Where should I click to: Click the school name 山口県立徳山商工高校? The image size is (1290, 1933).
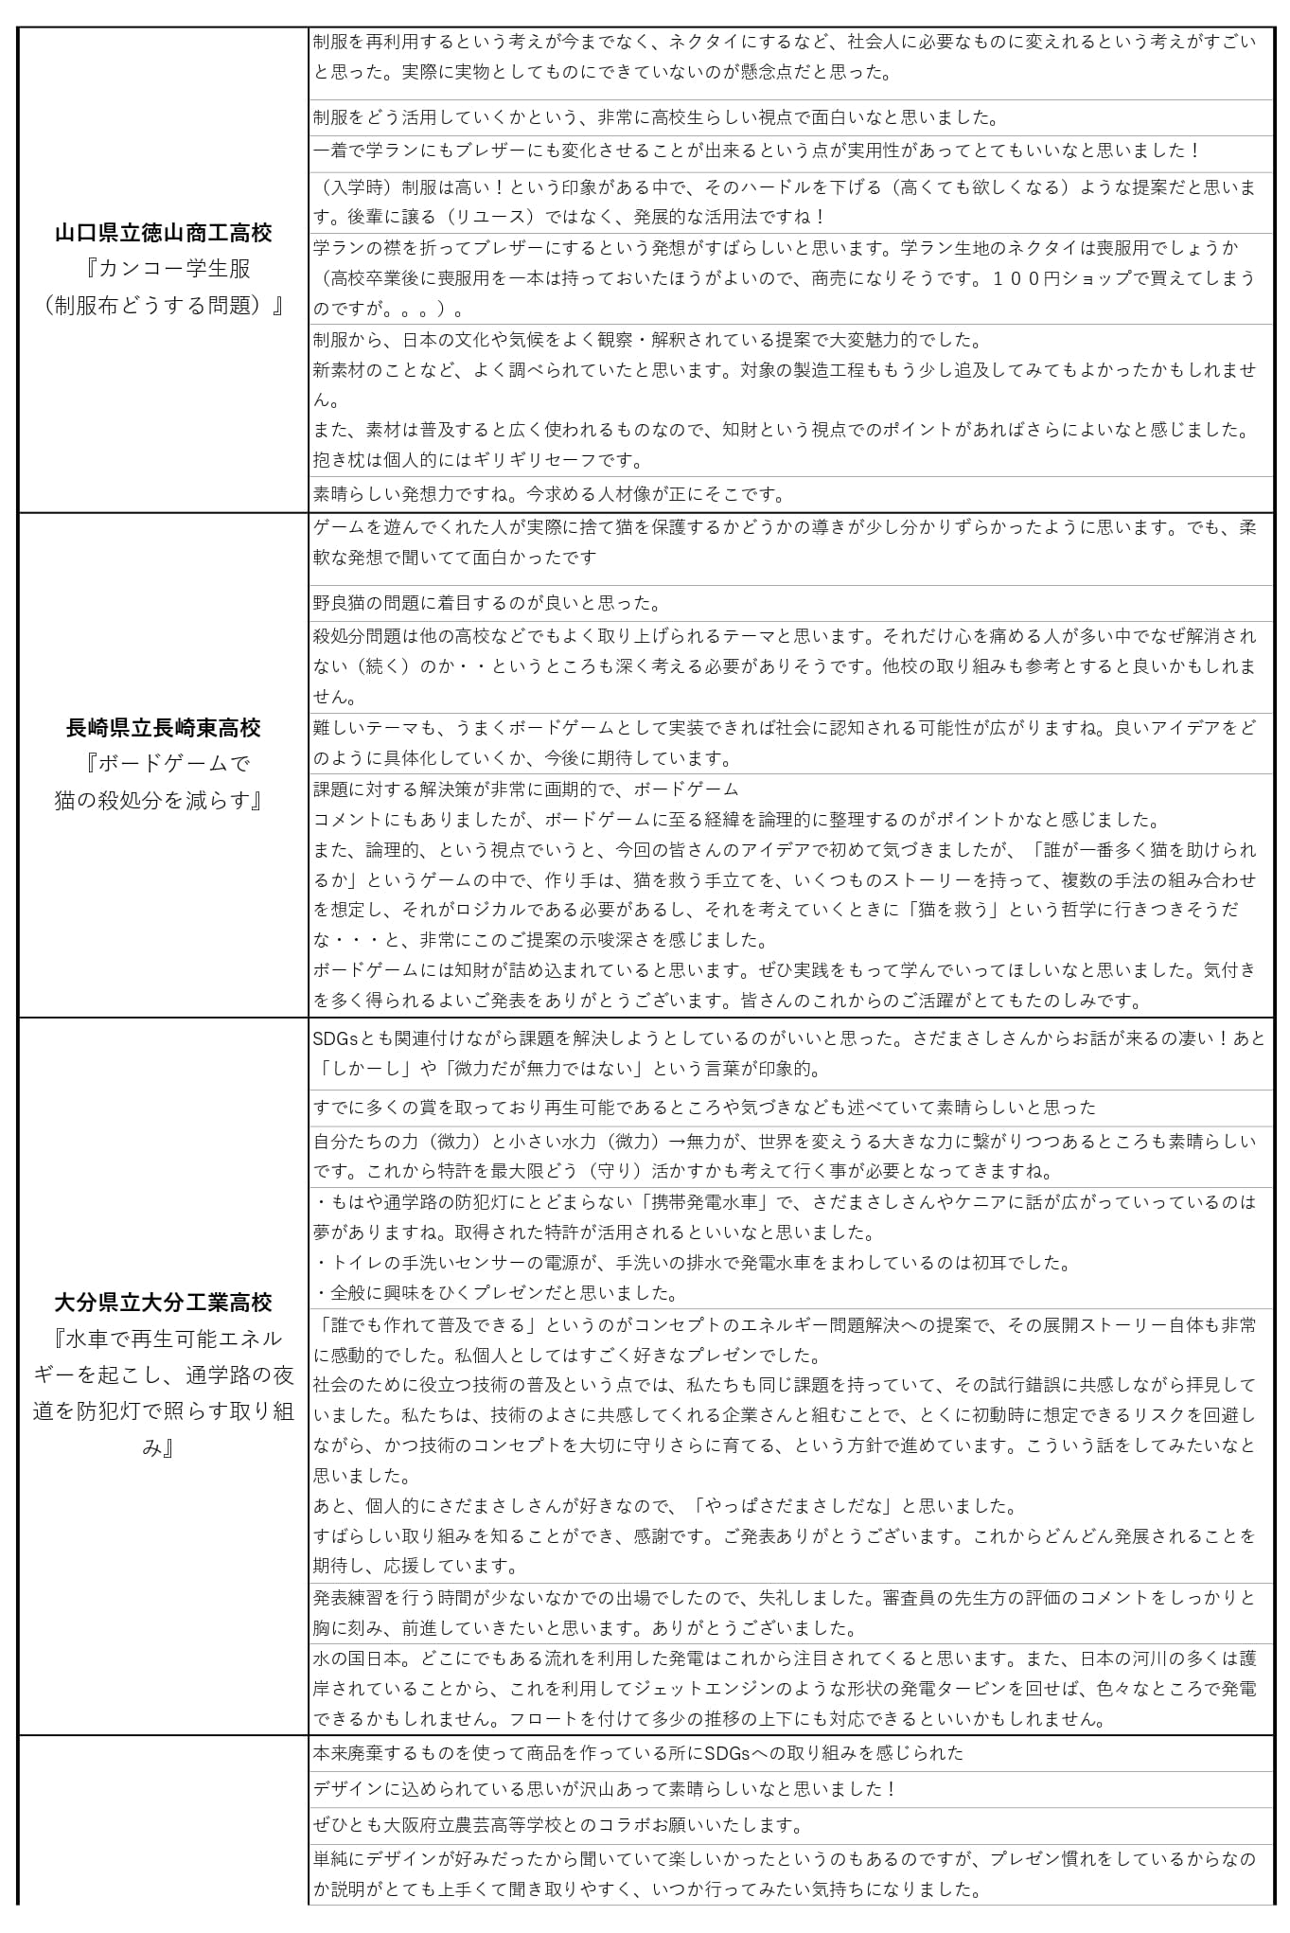coord(163,233)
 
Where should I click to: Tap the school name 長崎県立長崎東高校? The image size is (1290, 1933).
coord(163,727)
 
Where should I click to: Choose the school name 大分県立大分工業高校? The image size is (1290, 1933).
coord(163,1303)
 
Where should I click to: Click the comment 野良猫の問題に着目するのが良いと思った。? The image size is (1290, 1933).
coord(487,603)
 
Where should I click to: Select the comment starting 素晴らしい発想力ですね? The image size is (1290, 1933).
coord(549,493)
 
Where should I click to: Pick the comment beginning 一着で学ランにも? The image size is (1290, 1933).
coord(757,150)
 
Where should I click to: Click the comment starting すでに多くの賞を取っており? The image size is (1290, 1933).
coord(704,1107)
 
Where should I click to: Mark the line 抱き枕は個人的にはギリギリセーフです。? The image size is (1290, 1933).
coord(478,460)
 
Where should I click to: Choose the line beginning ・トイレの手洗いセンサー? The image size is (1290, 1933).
coord(692,1263)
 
